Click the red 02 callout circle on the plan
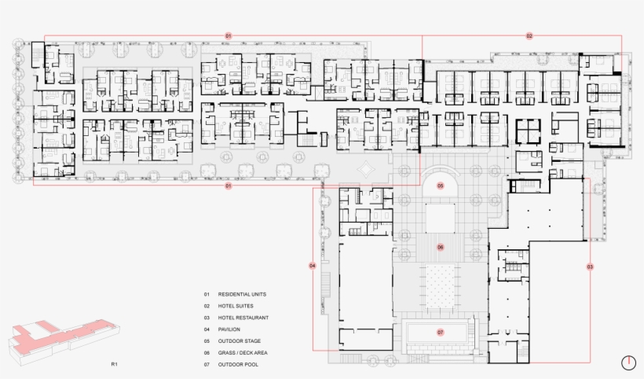tap(529, 36)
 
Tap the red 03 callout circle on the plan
tap(590, 267)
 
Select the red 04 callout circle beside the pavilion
tap(313, 266)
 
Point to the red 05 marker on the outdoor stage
tap(441, 186)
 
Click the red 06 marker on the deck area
tap(441, 247)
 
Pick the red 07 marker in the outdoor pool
tap(441, 333)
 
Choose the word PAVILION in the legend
tap(229, 329)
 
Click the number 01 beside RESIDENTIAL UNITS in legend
tap(207, 294)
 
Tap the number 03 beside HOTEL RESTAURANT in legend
tap(207, 318)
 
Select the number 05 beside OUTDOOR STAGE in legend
tap(207, 341)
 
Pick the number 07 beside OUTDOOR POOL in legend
tap(207, 365)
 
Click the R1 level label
tap(114, 365)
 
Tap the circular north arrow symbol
tap(628, 362)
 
